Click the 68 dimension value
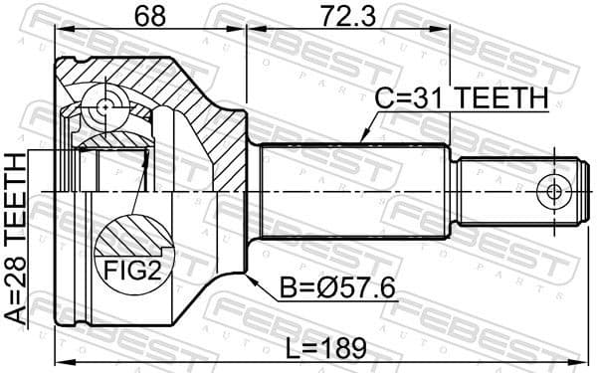tap(150, 18)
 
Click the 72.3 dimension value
tap(347, 18)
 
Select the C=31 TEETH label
tap(460, 99)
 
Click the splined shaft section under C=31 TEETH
tap(353, 191)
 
